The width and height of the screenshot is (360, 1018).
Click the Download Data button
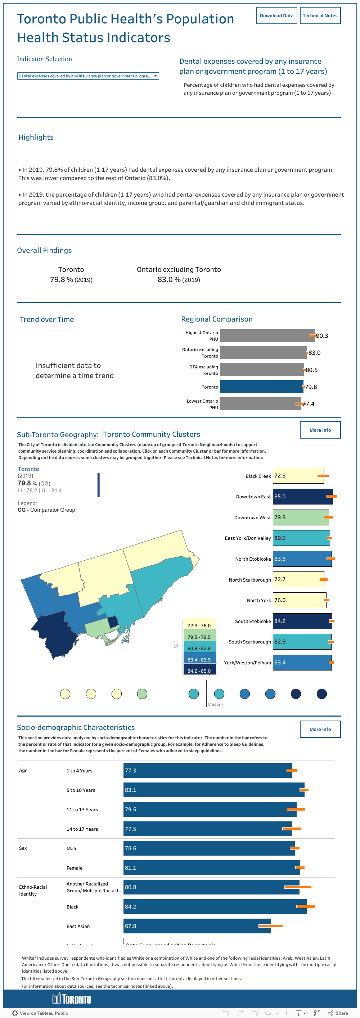(x=276, y=16)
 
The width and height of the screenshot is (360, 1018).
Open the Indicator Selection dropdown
(x=88, y=76)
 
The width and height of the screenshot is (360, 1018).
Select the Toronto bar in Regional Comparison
(x=261, y=387)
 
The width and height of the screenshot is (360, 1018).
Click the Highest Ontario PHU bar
(x=267, y=336)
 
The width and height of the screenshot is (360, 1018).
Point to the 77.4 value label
(x=309, y=404)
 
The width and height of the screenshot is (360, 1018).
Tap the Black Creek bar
(x=298, y=476)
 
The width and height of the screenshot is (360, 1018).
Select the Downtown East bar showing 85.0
(x=302, y=497)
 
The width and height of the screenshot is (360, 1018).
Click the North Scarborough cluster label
(x=250, y=580)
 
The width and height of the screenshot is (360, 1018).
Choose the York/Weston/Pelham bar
(x=302, y=663)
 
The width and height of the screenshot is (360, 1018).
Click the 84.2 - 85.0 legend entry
(x=199, y=671)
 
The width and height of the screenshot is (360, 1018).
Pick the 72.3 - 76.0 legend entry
(x=199, y=625)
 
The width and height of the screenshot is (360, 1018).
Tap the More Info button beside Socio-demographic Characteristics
(x=320, y=729)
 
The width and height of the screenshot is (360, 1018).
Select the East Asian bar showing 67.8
(x=197, y=926)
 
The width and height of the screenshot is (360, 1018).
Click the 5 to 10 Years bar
(x=213, y=790)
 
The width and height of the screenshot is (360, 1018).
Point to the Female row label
(x=74, y=868)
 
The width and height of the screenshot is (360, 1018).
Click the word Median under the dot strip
(x=215, y=704)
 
